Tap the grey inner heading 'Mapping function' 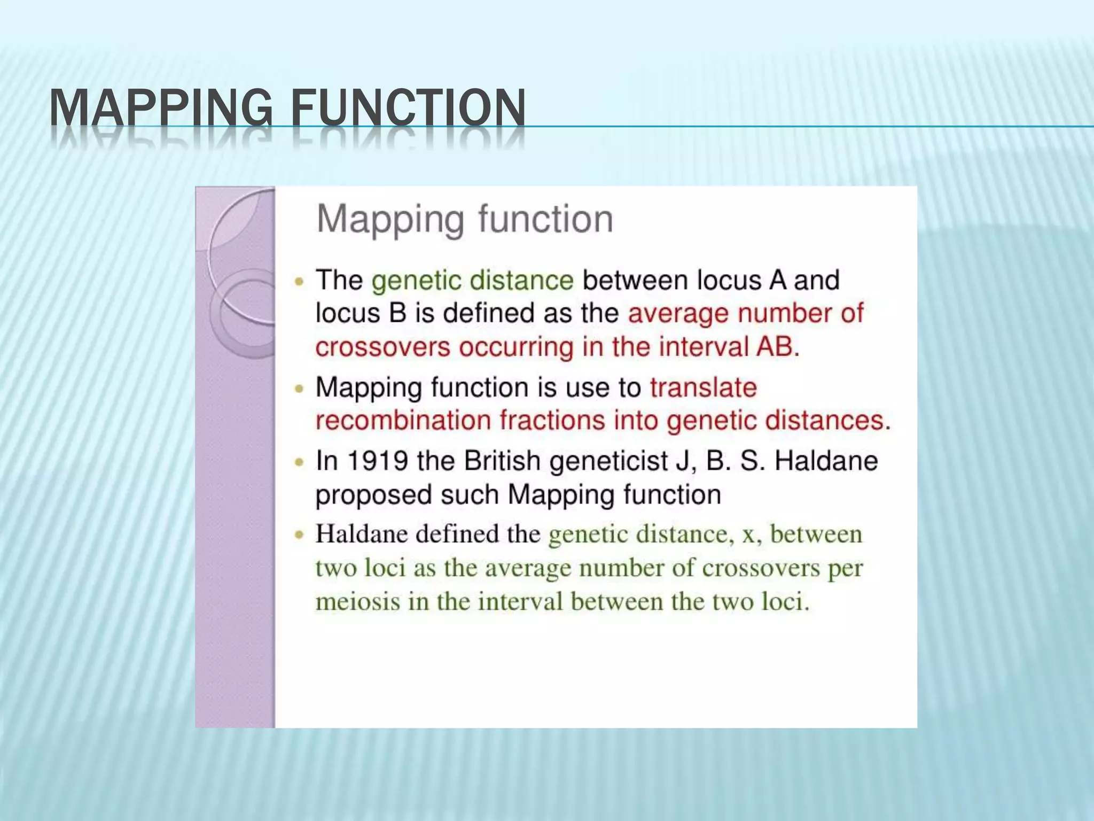click(465, 219)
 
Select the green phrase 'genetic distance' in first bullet click(472, 281)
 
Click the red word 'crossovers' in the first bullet click(383, 347)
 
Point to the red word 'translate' click(703, 388)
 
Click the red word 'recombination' click(403, 421)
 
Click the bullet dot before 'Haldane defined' click(300, 535)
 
